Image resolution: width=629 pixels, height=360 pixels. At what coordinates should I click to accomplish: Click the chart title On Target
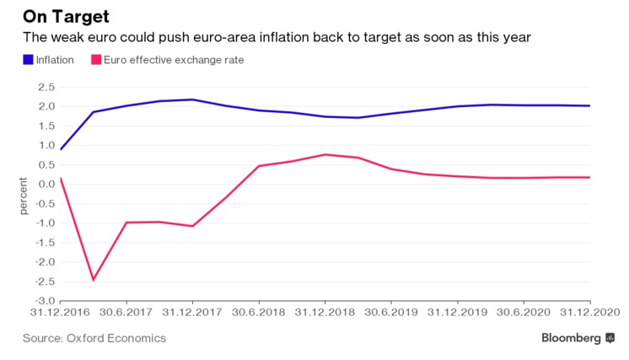pyautogui.click(x=66, y=16)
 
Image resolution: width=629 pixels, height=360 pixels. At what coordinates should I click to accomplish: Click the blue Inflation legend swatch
pyautogui.click(x=29, y=60)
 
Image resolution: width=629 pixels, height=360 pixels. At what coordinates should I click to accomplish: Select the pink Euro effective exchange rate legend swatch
pyautogui.click(x=97, y=60)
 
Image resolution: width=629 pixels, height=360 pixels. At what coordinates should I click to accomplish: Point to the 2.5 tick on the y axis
pyautogui.click(x=46, y=87)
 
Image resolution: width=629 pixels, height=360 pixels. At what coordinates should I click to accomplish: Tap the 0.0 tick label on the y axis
pyautogui.click(x=46, y=184)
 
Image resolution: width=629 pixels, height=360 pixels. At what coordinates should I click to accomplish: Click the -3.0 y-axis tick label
pyautogui.click(x=45, y=300)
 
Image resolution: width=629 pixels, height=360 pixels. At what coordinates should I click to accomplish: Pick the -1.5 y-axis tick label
pyautogui.click(x=45, y=242)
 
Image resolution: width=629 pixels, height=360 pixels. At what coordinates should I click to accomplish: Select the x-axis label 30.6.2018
pyautogui.click(x=258, y=312)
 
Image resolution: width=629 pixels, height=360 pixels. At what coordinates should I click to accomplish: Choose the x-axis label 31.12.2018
pyautogui.click(x=325, y=312)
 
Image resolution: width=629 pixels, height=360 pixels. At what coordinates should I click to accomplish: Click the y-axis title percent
pyautogui.click(x=24, y=196)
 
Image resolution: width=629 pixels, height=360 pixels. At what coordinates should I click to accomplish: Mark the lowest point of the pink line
pyautogui.click(x=93, y=280)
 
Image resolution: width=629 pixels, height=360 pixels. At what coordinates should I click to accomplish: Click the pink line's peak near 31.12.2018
pyautogui.click(x=325, y=154)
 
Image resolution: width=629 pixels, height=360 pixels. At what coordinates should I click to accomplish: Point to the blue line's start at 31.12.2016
pyautogui.click(x=61, y=149)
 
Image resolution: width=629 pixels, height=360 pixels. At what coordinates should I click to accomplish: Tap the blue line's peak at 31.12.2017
pyautogui.click(x=192, y=99)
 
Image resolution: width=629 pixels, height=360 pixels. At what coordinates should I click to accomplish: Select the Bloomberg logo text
pyautogui.click(x=572, y=338)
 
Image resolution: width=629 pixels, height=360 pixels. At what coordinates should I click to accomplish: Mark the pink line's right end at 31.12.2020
pyautogui.click(x=589, y=177)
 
